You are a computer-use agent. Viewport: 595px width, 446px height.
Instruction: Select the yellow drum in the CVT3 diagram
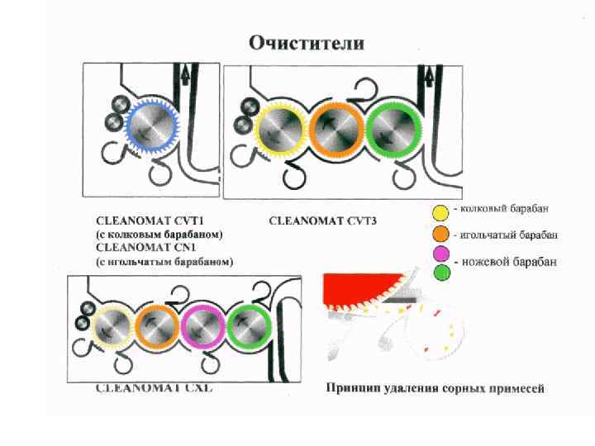(281, 130)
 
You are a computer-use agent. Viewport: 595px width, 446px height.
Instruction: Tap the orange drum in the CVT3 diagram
(336, 130)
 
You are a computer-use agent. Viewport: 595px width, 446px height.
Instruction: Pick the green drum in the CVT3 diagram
(393, 130)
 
